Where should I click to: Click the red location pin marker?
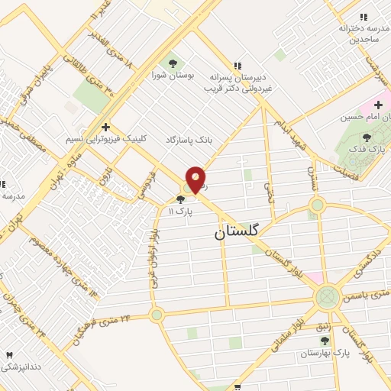tap(196, 179)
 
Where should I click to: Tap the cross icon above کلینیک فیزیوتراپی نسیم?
tap(105, 127)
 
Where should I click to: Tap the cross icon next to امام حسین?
tap(378, 104)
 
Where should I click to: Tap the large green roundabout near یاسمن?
tap(328, 296)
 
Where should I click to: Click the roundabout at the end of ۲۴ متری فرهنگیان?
tap(157, 315)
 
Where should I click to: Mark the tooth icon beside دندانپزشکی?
tap(10, 355)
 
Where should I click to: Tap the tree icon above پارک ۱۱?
tap(180, 199)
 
